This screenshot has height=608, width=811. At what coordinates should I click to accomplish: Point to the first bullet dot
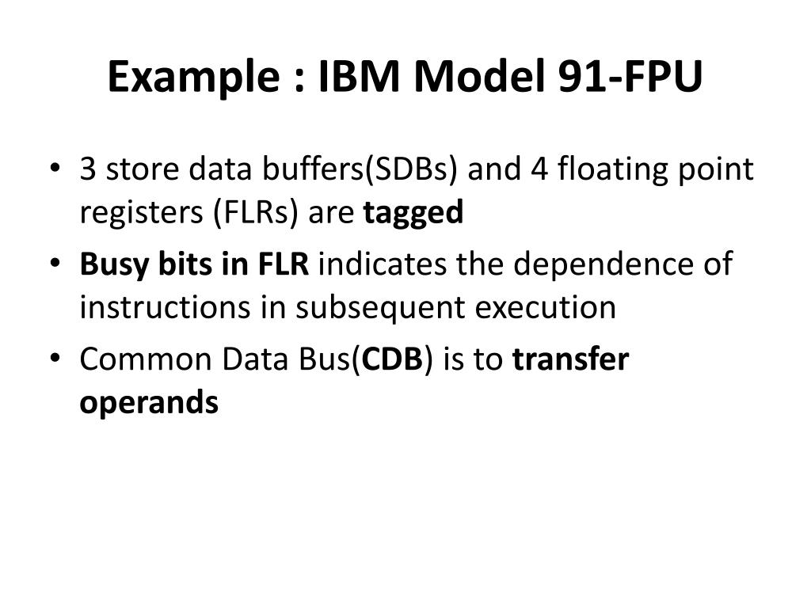[x=54, y=170]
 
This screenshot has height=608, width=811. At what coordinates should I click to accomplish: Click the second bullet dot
[x=54, y=264]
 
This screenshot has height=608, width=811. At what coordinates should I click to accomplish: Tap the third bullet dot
[x=54, y=359]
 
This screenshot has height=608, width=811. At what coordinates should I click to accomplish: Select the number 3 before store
[x=88, y=169]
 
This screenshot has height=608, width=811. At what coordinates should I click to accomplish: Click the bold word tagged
[x=413, y=214]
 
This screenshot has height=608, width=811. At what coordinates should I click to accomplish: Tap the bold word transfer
[x=570, y=359]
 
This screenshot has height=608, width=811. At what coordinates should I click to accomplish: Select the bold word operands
[x=148, y=403]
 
